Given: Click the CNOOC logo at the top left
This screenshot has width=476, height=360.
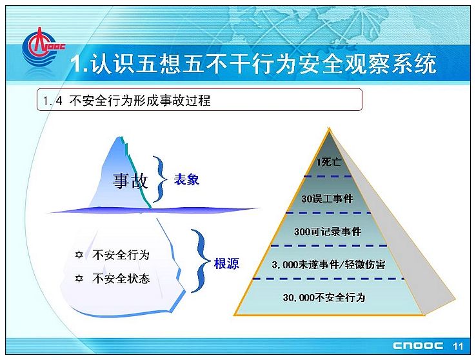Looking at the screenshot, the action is (43, 46).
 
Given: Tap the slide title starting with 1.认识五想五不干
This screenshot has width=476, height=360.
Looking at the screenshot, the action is (253, 64).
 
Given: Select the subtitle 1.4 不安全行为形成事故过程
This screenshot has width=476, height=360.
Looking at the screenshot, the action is (126, 101).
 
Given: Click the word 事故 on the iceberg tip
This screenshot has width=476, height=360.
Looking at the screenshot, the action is (130, 181).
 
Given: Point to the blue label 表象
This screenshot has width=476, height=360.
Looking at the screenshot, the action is (186, 180).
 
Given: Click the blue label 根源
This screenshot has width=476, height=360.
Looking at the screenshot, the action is (226, 263).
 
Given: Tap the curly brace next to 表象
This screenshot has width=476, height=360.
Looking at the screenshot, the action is (160, 179).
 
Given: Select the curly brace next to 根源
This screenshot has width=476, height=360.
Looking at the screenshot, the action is (201, 261).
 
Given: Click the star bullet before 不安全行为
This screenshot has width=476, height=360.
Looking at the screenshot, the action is (79, 255).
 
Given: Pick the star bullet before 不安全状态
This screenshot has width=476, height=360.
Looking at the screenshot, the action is (79, 278).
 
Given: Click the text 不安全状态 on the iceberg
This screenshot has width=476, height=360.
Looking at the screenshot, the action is (121, 278).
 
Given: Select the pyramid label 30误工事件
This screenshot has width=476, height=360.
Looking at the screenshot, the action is (327, 199).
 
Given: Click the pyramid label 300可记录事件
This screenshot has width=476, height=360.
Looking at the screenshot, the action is (328, 232).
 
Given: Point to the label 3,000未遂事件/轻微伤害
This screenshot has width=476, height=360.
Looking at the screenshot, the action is (329, 265).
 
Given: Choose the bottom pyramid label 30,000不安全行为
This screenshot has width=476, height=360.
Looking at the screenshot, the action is (324, 297).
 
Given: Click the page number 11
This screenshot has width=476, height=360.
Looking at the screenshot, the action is (458, 346).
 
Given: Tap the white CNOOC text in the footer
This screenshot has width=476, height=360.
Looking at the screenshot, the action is (418, 346).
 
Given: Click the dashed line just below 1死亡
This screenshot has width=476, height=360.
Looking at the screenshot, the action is (328, 176).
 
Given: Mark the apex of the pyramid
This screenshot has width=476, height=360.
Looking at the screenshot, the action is (329, 128).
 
